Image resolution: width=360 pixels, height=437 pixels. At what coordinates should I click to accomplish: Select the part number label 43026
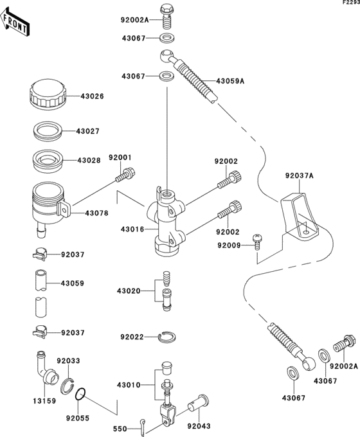tap(92, 97)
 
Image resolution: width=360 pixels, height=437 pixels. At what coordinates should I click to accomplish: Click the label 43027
tap(89, 131)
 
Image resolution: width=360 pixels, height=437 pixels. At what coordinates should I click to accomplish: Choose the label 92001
tap(120, 157)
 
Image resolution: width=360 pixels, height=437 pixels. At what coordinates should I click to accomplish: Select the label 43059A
tap(232, 81)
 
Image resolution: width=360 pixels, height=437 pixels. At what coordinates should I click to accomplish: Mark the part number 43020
tap(129, 290)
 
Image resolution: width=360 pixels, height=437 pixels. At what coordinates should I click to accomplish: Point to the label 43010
tap(129, 384)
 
